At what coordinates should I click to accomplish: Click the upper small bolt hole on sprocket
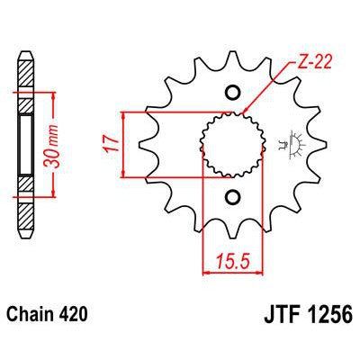tap(232, 92)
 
